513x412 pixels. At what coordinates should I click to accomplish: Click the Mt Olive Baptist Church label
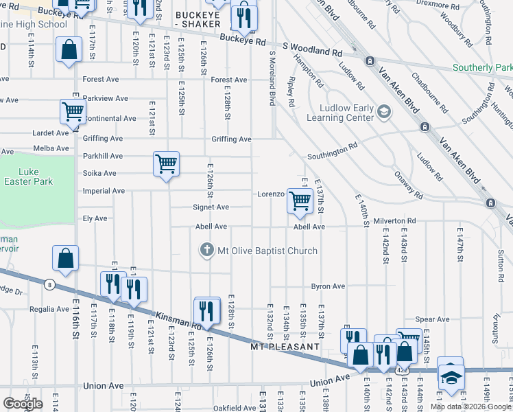pyautogui.click(x=267, y=251)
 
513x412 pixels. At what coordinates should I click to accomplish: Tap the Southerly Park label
pyautogui.click(x=482, y=69)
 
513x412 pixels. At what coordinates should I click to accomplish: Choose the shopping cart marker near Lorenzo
pyautogui.click(x=300, y=201)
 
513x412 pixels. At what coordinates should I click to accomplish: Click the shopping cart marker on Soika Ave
pyautogui.click(x=166, y=163)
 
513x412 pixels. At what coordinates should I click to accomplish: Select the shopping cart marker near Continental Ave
pyautogui.click(x=73, y=111)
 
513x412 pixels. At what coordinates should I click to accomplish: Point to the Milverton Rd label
pyautogui.click(x=394, y=221)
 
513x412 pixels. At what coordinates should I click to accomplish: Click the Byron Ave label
pyautogui.click(x=328, y=286)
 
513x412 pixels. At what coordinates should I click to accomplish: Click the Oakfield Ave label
pyautogui.click(x=235, y=408)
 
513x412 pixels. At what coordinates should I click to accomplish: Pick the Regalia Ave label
pyautogui.click(x=49, y=310)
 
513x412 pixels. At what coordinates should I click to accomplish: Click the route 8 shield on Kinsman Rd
pyautogui.click(x=49, y=284)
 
